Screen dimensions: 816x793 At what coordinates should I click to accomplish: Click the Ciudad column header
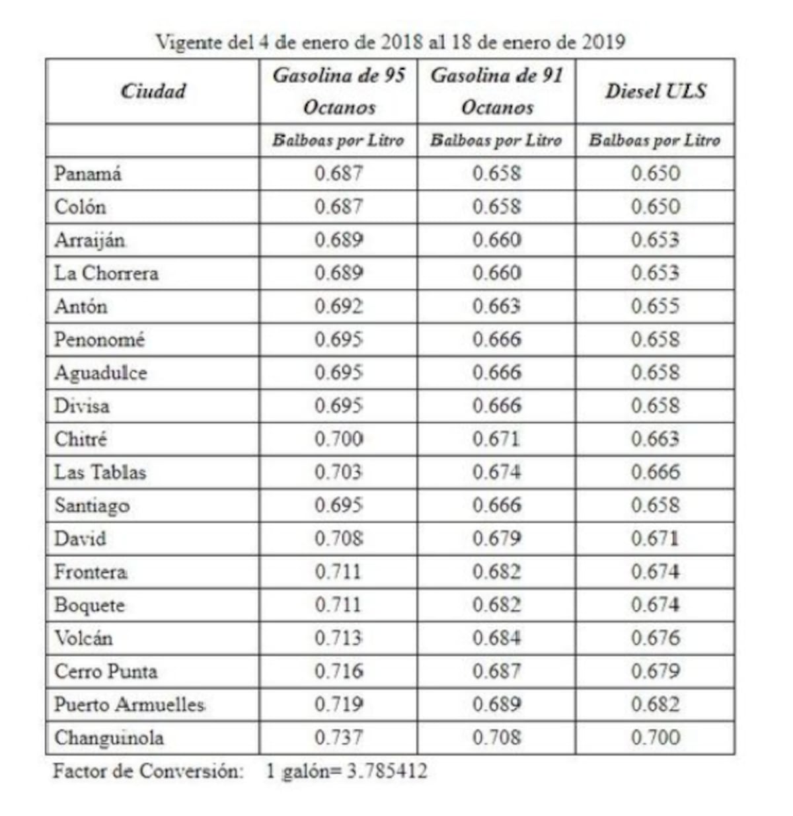153,91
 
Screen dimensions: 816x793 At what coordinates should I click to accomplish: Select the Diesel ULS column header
655,91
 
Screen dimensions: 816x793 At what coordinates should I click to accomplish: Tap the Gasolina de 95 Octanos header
338,91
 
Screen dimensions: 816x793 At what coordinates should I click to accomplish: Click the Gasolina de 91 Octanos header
496,91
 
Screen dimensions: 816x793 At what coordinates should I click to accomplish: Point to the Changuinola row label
109,737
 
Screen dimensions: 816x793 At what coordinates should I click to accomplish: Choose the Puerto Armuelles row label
130,704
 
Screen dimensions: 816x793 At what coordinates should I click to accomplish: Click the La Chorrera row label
106,273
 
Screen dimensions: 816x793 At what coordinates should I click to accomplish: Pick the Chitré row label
81,439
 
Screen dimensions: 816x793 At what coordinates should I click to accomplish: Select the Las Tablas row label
100,472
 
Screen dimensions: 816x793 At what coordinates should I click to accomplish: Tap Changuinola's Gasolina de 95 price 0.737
338,737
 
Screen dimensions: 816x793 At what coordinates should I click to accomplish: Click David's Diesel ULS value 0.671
655,538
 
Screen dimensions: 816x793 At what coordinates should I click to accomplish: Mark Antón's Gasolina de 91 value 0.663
496,306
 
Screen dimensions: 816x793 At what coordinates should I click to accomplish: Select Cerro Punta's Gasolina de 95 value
338,671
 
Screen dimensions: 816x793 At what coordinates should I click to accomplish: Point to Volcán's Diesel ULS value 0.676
655,638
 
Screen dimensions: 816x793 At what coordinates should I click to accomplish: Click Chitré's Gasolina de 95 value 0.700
338,439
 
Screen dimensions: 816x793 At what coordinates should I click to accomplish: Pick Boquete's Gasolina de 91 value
496,605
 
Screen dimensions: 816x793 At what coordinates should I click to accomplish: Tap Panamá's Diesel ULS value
655,173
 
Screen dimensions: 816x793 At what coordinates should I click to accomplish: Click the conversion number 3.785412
387,771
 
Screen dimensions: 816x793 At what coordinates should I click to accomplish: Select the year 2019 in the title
603,42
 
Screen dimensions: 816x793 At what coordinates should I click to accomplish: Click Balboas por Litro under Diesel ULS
655,140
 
